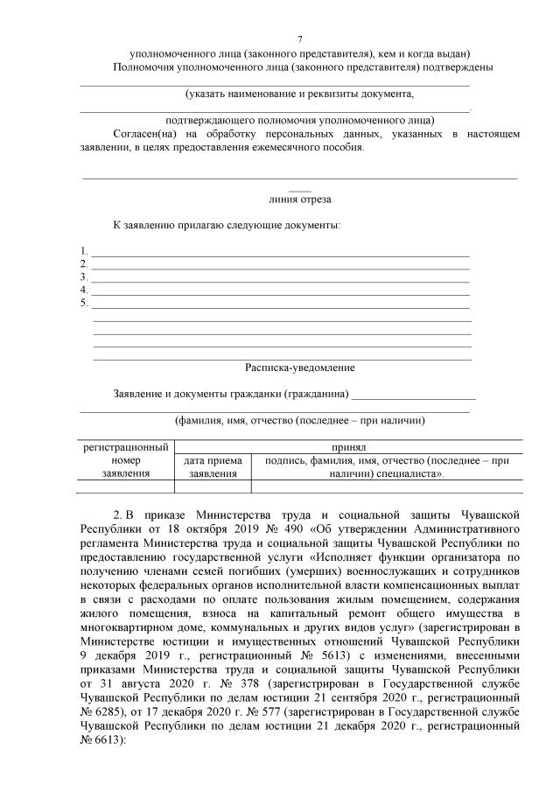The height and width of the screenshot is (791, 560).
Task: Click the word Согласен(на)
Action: (143, 135)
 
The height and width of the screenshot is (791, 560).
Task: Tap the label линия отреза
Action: (299, 199)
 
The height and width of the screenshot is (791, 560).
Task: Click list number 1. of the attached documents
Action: (84, 251)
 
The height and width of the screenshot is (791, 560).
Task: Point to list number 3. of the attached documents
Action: (84, 277)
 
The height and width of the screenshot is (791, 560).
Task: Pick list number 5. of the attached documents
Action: (84, 303)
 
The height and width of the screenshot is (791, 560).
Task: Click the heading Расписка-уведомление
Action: (299, 368)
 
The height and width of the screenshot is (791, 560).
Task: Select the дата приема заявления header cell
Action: (213, 466)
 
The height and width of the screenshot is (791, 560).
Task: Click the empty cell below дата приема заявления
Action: (213, 486)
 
